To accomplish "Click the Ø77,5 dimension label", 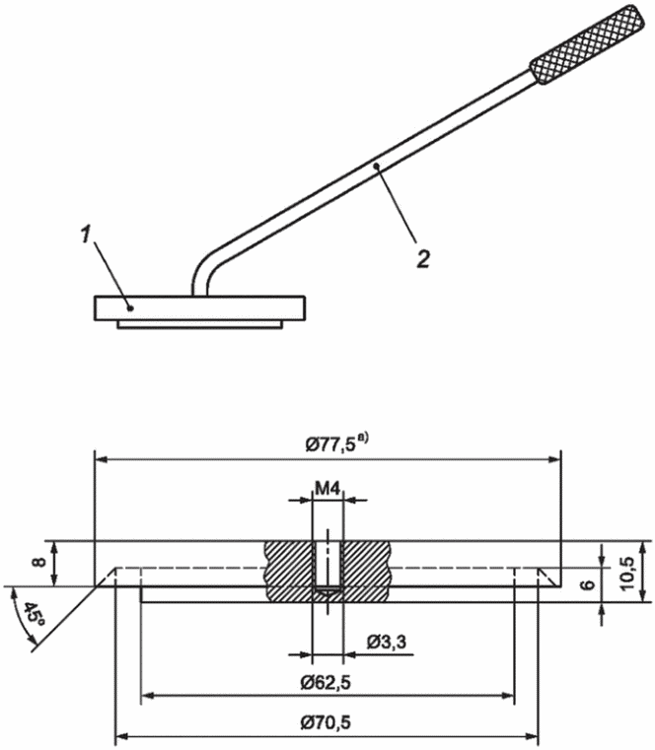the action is pyautogui.click(x=330, y=445).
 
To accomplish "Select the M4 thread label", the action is pyautogui.click(x=327, y=489).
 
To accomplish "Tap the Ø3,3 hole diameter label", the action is pyautogui.click(x=387, y=642).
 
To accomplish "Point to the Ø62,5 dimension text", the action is pyautogui.click(x=326, y=683).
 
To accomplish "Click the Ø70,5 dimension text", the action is pyautogui.click(x=326, y=722).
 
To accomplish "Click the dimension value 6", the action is pyautogui.click(x=588, y=584).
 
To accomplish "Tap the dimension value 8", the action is pyautogui.click(x=39, y=562).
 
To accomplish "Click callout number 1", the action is pyautogui.click(x=85, y=235).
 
